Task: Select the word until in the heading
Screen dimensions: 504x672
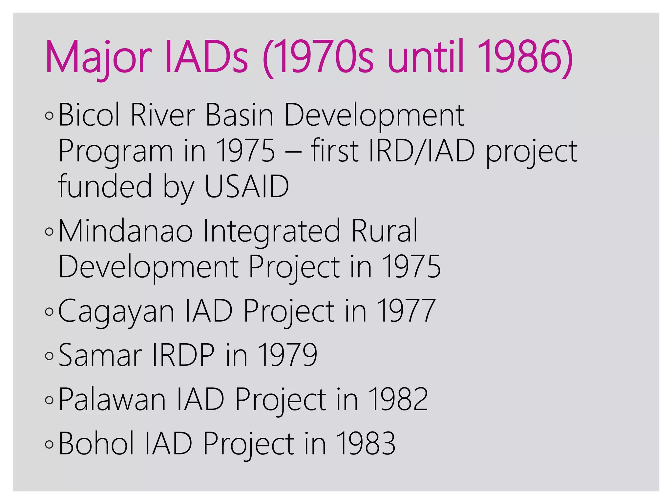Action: click(426, 57)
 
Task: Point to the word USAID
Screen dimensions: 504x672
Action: click(246, 186)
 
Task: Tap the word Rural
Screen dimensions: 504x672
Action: click(385, 231)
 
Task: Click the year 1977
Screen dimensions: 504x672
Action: click(407, 311)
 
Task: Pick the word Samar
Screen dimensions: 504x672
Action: click(100, 355)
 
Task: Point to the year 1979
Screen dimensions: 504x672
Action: click(288, 355)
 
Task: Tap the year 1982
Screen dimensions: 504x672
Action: click(398, 399)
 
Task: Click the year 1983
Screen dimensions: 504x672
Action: click(366, 444)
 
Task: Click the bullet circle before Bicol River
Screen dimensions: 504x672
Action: click(49, 116)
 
